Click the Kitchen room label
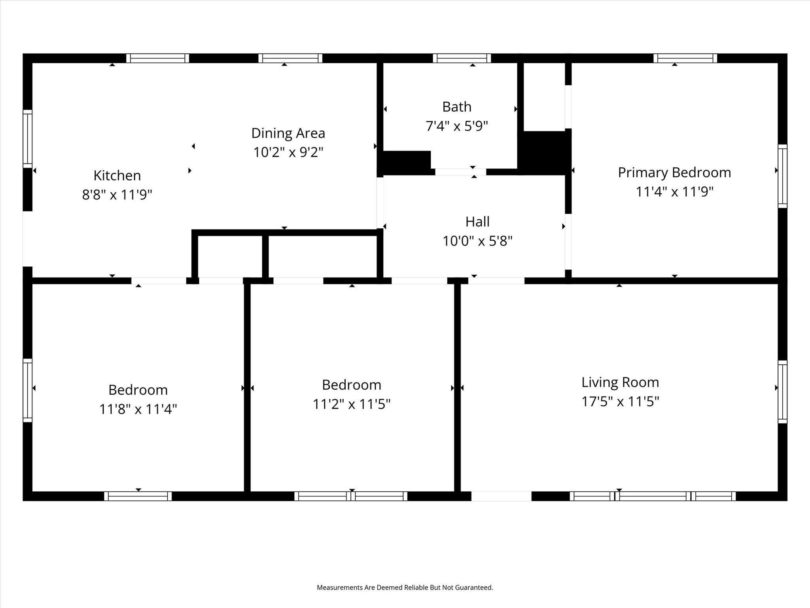click(117, 175)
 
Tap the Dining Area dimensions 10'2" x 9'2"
click(288, 152)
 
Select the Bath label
click(456, 107)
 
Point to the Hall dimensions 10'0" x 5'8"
click(477, 241)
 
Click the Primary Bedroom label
click(674, 173)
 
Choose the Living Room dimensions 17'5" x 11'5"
click(620, 401)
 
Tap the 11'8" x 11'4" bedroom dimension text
click(138, 409)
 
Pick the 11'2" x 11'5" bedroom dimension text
click(351, 404)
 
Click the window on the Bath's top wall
click(462, 59)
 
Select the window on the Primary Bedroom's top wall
click(685, 59)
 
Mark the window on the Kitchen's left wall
click(27, 139)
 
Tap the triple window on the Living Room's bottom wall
click(653, 496)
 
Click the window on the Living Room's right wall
click(782, 391)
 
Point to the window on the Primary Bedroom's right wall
click(782, 176)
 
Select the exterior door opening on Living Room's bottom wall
click(501, 496)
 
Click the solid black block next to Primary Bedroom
click(545, 152)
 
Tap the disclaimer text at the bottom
click(405, 587)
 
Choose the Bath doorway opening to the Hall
click(460, 172)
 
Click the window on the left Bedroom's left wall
click(27, 390)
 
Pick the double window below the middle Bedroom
click(351, 496)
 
